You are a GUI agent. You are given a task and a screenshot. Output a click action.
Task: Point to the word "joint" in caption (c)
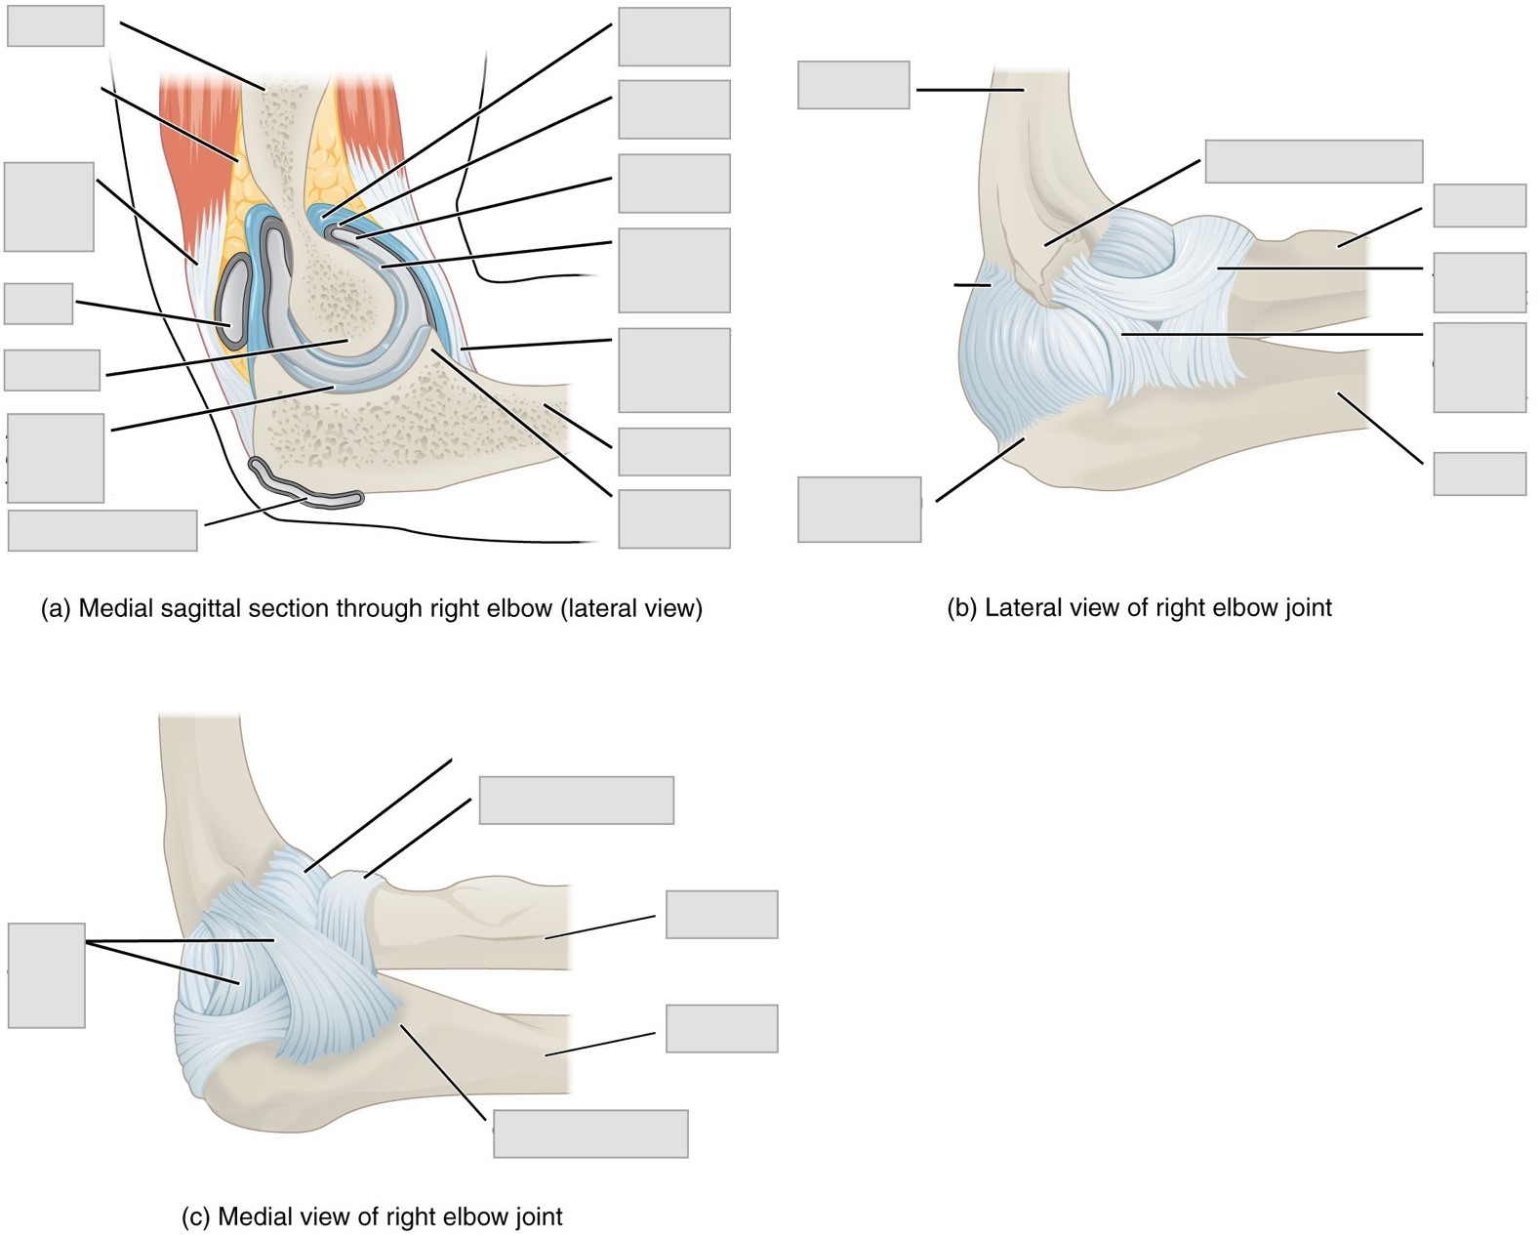click(x=539, y=1217)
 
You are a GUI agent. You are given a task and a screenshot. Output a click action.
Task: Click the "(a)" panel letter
click(x=56, y=609)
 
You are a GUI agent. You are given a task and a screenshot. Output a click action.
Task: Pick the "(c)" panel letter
click(x=196, y=1217)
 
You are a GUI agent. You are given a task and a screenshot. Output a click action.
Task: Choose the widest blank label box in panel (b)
click(x=1313, y=162)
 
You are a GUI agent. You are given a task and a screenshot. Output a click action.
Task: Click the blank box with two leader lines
click(x=46, y=975)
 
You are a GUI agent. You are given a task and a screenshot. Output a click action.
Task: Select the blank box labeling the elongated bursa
click(x=102, y=530)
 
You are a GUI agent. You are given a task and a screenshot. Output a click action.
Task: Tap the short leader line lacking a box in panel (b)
click(x=971, y=285)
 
